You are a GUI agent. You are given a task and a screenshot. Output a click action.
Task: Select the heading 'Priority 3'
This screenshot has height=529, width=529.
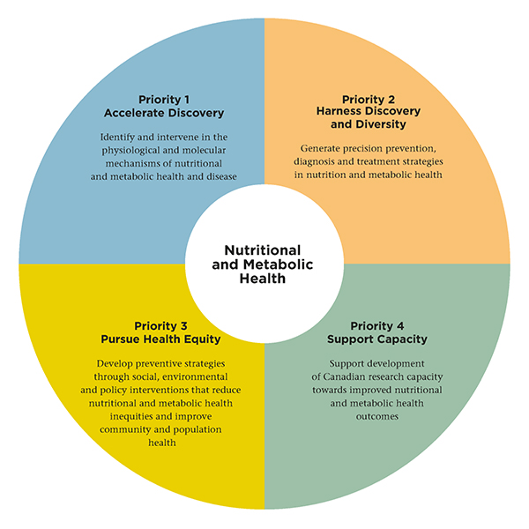[x=169, y=325]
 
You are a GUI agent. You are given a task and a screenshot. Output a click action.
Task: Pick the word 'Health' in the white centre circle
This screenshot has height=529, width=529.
[x=264, y=279]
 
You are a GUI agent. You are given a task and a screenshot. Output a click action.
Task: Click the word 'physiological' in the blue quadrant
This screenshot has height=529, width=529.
[x=134, y=152]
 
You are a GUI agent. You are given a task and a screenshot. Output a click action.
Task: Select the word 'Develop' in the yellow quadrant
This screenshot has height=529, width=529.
[x=113, y=363]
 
